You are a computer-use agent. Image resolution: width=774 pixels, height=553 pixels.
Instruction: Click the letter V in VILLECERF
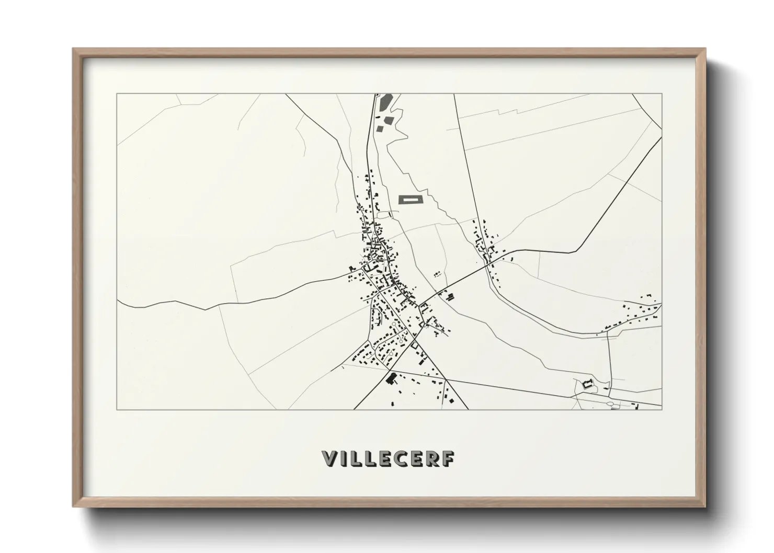pyautogui.click(x=332, y=458)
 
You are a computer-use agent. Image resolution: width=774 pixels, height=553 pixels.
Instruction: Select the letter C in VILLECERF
pyautogui.click(x=408, y=458)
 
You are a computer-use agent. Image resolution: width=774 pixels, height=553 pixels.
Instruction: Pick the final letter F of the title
pyautogui.click(x=448, y=458)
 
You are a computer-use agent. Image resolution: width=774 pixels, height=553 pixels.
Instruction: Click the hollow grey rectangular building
pyautogui.click(x=411, y=199)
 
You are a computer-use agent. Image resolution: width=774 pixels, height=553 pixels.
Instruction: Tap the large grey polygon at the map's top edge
pyautogui.click(x=385, y=101)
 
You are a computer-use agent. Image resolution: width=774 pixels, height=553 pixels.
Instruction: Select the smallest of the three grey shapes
pyautogui.click(x=379, y=128)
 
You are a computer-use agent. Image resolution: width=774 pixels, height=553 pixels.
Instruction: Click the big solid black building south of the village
pyautogui.click(x=390, y=378)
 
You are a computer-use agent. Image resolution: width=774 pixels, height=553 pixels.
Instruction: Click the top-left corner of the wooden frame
pyautogui.click(x=73, y=49)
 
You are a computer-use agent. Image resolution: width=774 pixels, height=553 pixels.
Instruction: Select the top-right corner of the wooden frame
pyautogui.click(x=705, y=49)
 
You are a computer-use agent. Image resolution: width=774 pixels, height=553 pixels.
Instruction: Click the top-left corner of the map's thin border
pyautogui.click(x=117, y=94)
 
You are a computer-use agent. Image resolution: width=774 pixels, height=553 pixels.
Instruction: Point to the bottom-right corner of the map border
pyautogui.click(x=662, y=409)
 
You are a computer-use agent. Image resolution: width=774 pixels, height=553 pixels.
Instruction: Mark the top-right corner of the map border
pyautogui.click(x=662, y=94)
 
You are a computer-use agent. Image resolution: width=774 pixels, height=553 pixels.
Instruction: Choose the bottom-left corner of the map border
pyautogui.click(x=117, y=409)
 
